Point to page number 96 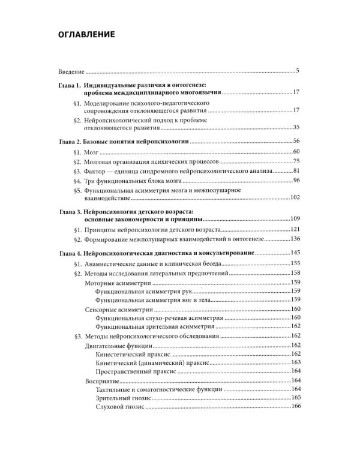click(x=296, y=181)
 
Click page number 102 click(x=294, y=198)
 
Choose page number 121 click(x=294, y=231)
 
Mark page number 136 click(x=294, y=241)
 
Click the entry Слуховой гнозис click(x=121, y=407)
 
